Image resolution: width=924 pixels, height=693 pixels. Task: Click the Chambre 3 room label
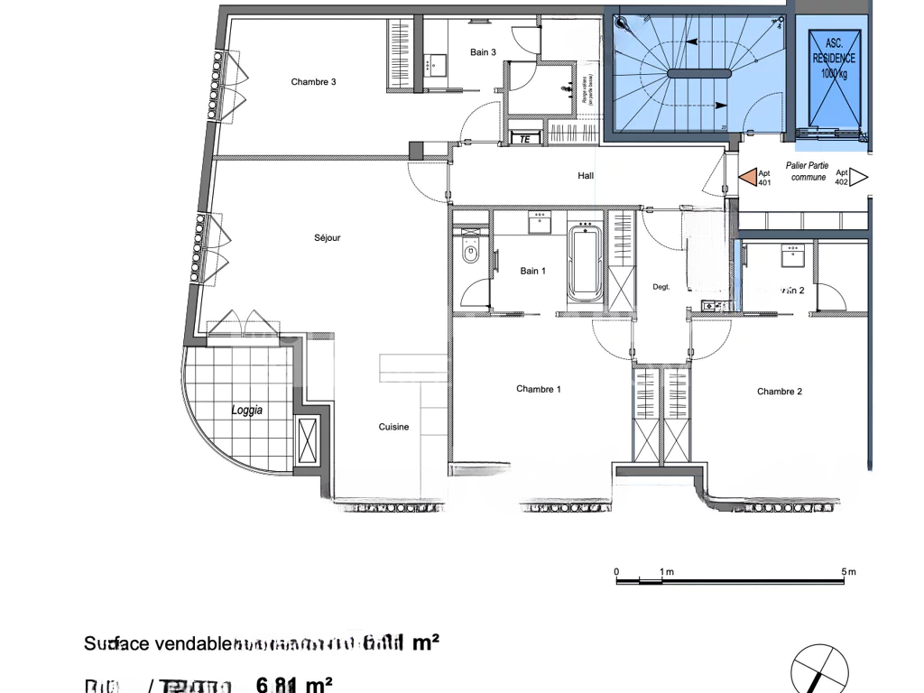click(313, 82)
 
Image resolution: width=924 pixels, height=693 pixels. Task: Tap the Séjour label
click(327, 238)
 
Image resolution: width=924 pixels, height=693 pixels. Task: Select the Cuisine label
click(393, 428)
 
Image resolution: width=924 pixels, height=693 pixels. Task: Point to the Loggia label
click(246, 410)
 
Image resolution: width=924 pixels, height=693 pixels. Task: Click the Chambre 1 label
click(538, 390)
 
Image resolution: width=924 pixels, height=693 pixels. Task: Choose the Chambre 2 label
click(779, 392)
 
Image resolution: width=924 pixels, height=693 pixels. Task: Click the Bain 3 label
click(483, 52)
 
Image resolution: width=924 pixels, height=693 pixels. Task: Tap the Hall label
click(586, 176)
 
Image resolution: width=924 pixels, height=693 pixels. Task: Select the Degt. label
click(661, 287)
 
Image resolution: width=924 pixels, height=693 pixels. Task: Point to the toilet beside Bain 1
click(469, 258)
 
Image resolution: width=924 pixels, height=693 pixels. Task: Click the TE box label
click(524, 139)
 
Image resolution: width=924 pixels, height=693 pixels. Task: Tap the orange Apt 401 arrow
click(747, 177)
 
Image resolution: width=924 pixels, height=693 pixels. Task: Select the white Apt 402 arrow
click(859, 177)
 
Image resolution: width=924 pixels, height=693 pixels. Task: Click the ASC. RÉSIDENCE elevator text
click(834, 58)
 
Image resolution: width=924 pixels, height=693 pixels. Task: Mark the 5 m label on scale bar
click(848, 572)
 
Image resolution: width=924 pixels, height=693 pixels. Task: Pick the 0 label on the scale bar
click(616, 572)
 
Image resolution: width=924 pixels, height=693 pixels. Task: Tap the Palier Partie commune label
click(807, 171)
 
